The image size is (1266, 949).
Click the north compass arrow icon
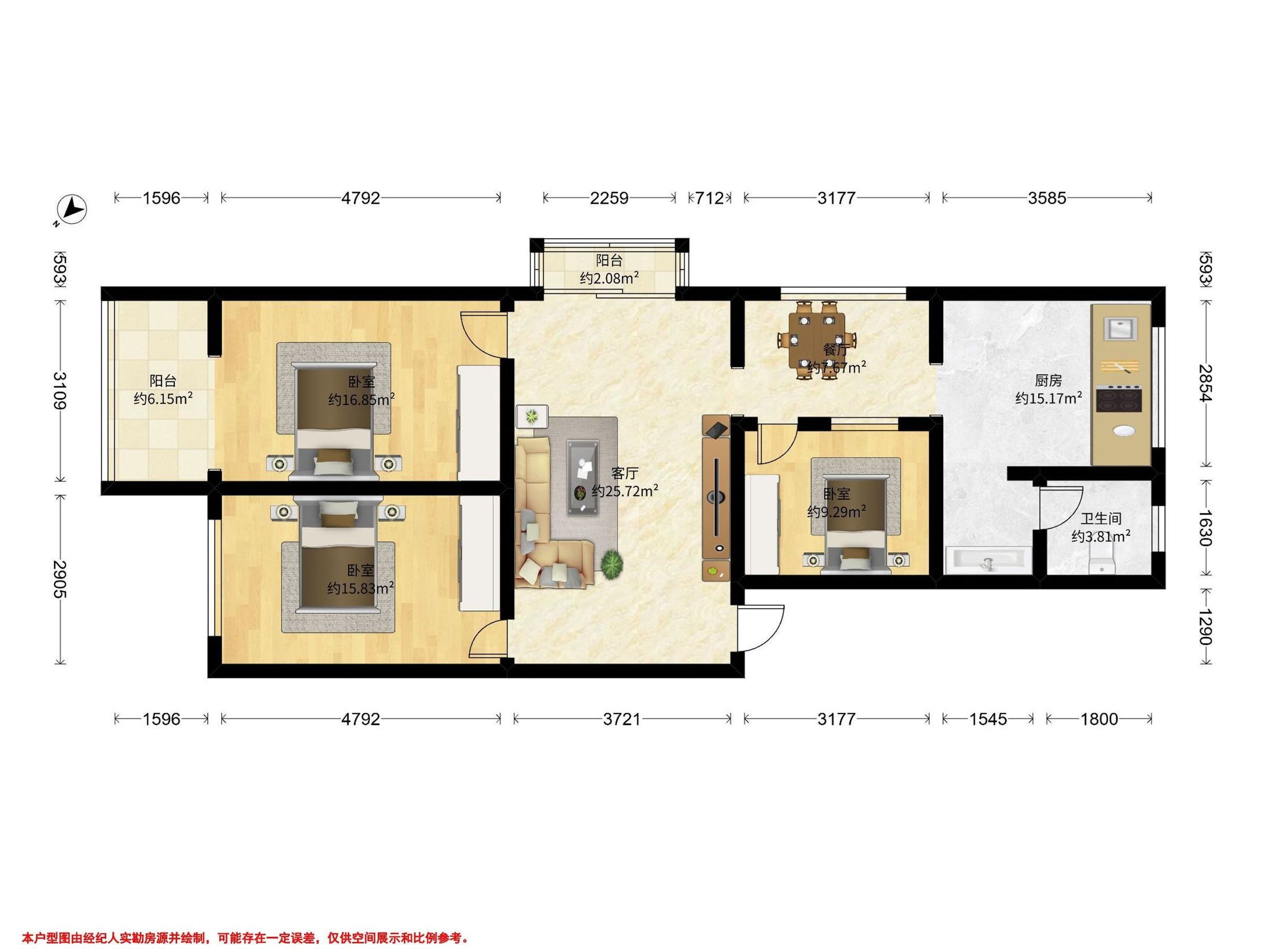(x=73, y=210)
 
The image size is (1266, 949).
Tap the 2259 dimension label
(x=609, y=198)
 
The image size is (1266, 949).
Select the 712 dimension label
(x=709, y=198)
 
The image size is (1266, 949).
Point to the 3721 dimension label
(x=622, y=719)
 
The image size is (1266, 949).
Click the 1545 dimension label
(x=989, y=719)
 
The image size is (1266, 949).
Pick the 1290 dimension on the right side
(x=1204, y=627)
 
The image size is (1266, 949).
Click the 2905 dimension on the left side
(x=60, y=579)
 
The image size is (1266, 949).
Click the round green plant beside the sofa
(x=612, y=565)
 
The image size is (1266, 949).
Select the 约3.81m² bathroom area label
(x=1100, y=537)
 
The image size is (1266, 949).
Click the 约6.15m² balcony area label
(x=162, y=399)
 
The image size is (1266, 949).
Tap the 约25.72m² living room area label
(x=625, y=491)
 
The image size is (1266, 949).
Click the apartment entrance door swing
(x=761, y=628)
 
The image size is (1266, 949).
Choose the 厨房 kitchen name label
(x=1048, y=381)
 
